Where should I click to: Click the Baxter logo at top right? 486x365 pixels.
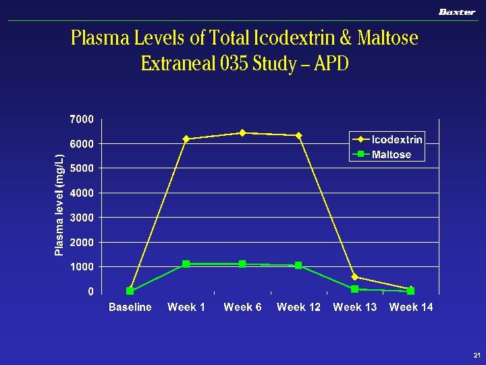click(x=457, y=11)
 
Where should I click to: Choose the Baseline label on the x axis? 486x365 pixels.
click(x=130, y=308)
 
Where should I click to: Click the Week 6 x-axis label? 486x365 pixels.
click(x=242, y=308)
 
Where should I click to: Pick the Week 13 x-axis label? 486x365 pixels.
click(x=354, y=308)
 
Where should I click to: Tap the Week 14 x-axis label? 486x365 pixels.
click(x=411, y=308)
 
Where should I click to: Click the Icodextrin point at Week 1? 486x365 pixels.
click(x=186, y=139)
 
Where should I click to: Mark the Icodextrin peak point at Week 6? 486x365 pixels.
click(x=242, y=132)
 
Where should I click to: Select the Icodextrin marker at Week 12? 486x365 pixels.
click(x=298, y=135)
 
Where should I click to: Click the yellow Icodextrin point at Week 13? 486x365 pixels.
click(x=354, y=277)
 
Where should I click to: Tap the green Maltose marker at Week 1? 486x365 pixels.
click(x=186, y=264)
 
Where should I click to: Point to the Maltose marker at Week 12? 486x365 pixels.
click(x=298, y=266)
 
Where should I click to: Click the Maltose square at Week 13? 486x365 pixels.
click(x=354, y=289)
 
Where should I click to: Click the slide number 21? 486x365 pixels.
click(x=477, y=355)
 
